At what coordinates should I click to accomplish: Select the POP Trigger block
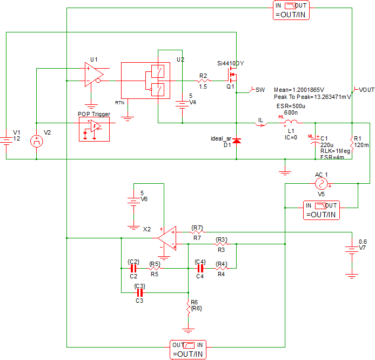pos(94,129)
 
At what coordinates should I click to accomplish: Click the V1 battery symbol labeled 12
pos(6,140)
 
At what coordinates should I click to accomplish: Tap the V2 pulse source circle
pos(36,142)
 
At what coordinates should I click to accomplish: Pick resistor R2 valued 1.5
pos(203,81)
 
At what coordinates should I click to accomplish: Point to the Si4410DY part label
pos(231,63)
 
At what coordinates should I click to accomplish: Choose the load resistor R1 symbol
pos(352,143)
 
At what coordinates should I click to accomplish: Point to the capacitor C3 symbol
pos(139,293)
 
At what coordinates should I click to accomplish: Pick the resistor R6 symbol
pos(188,307)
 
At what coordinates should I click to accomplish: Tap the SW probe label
pos(260,89)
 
